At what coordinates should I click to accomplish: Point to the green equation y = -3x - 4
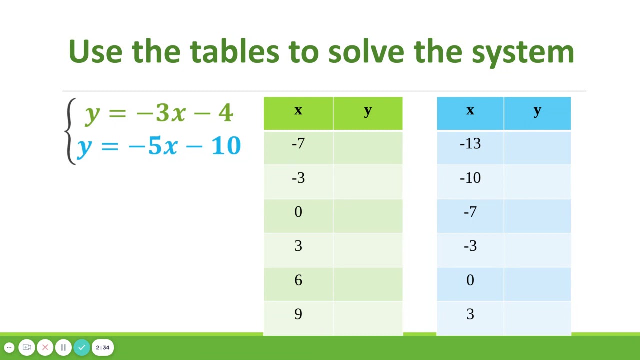pyautogui.click(x=159, y=113)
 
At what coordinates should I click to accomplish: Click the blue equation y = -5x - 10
pyautogui.click(x=159, y=146)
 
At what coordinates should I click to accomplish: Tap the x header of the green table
pyautogui.click(x=298, y=111)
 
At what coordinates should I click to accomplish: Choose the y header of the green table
pyautogui.click(x=368, y=111)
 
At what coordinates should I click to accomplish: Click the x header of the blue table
pyautogui.click(x=470, y=111)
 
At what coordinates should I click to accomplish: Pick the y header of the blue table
pyautogui.click(x=537, y=111)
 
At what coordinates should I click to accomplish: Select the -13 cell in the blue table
pyautogui.click(x=470, y=144)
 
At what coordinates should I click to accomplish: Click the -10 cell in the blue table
pyautogui.click(x=470, y=178)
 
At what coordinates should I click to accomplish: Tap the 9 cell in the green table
pyautogui.click(x=298, y=314)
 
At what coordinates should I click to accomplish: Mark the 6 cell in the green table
pyautogui.click(x=298, y=280)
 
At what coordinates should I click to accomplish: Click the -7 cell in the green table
pyautogui.click(x=298, y=144)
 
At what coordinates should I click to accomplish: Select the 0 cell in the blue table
pyautogui.click(x=470, y=280)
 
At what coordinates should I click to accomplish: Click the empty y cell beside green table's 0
pyautogui.click(x=368, y=212)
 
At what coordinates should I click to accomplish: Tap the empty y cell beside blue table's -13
pyautogui.click(x=537, y=144)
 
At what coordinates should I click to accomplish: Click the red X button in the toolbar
pyautogui.click(x=45, y=347)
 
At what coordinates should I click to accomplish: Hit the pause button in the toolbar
pyautogui.click(x=63, y=347)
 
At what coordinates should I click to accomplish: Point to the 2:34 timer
pyautogui.click(x=103, y=347)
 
